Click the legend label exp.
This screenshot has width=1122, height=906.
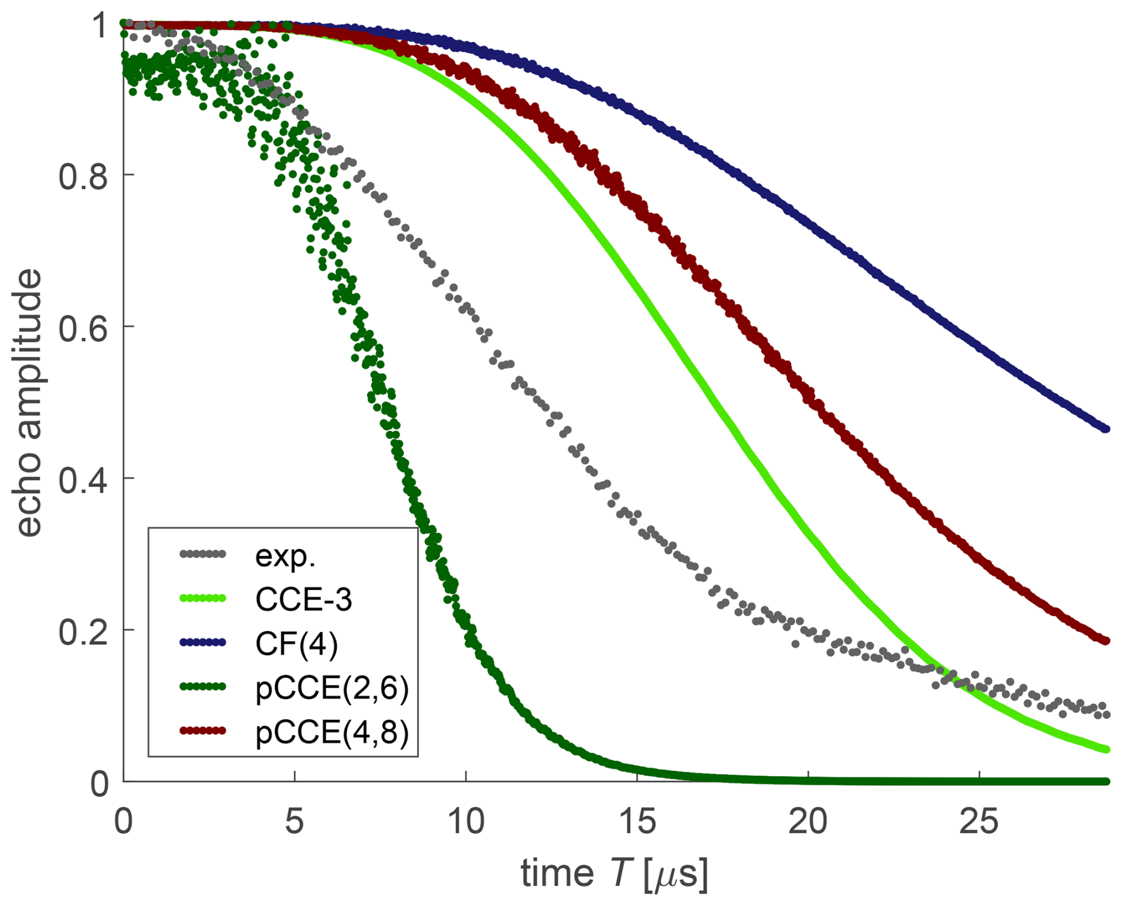coord(285,556)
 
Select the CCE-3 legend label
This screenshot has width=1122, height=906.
coord(304,599)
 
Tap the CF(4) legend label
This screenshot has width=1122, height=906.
coord(297,644)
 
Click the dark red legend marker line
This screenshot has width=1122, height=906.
coord(202,730)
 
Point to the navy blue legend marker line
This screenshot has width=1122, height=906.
coord(202,643)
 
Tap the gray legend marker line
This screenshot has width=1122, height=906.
coord(202,554)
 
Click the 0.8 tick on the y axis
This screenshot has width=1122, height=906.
coord(83,176)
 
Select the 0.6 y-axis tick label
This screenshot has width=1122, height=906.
coord(83,328)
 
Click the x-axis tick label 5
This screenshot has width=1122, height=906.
coord(294,822)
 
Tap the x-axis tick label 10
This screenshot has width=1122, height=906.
coord(466,822)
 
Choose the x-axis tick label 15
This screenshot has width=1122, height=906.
coord(637,822)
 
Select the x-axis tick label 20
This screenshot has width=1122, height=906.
coord(808,822)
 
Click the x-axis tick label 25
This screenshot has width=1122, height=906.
coord(979,822)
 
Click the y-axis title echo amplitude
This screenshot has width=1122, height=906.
coord(28,403)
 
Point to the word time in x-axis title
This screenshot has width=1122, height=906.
coord(557,873)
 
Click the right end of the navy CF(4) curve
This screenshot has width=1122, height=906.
coord(1106,429)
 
